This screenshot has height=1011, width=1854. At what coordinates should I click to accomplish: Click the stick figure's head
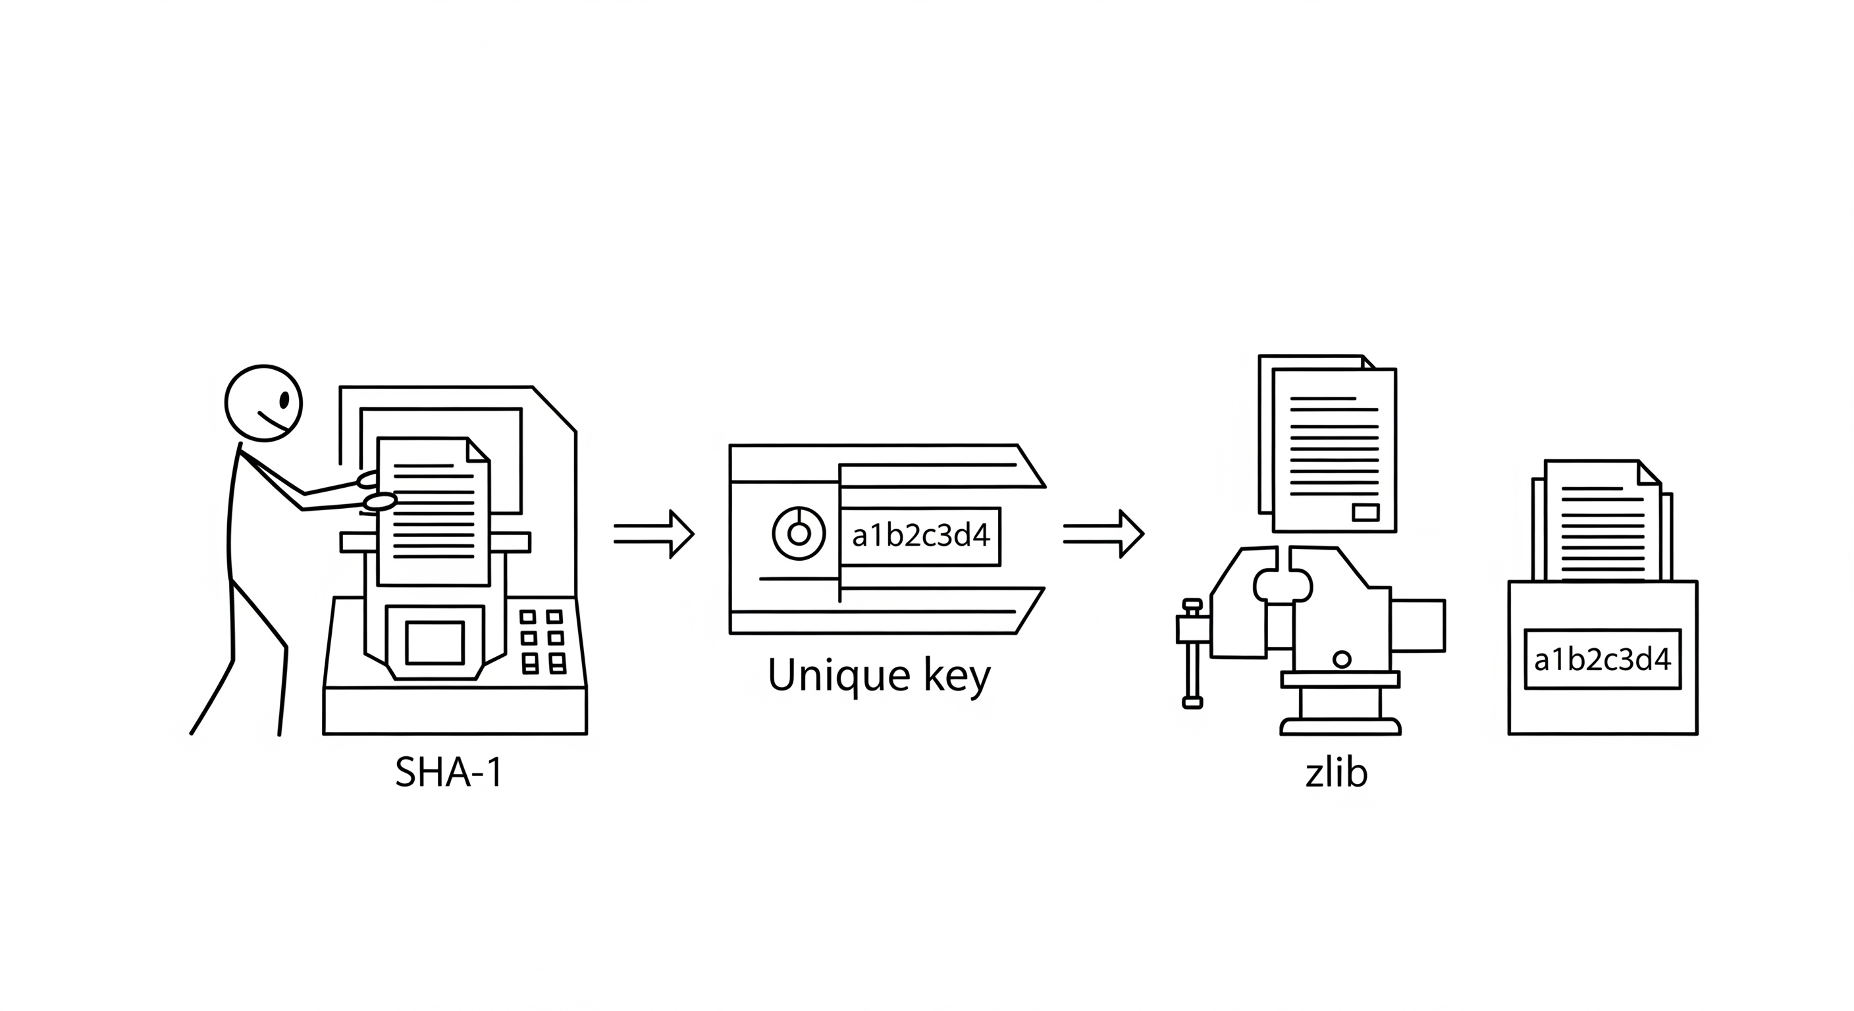point(263,403)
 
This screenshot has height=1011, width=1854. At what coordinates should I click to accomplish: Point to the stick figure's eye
point(284,400)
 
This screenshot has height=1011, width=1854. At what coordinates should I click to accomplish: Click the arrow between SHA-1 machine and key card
point(654,534)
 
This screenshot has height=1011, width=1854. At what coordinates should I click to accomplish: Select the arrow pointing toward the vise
point(1103,534)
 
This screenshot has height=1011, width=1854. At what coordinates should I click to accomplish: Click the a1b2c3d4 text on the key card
point(920,536)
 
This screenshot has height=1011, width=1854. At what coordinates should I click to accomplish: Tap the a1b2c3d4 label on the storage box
point(1602,659)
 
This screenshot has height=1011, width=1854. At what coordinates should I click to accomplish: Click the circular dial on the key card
point(799,533)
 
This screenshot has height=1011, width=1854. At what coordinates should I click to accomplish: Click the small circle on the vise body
point(1342,658)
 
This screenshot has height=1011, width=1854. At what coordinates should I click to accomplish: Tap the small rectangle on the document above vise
point(1365,512)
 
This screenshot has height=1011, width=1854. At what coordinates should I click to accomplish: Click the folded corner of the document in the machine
point(478,450)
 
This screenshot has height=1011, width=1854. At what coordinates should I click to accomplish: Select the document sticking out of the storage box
point(1602,522)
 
